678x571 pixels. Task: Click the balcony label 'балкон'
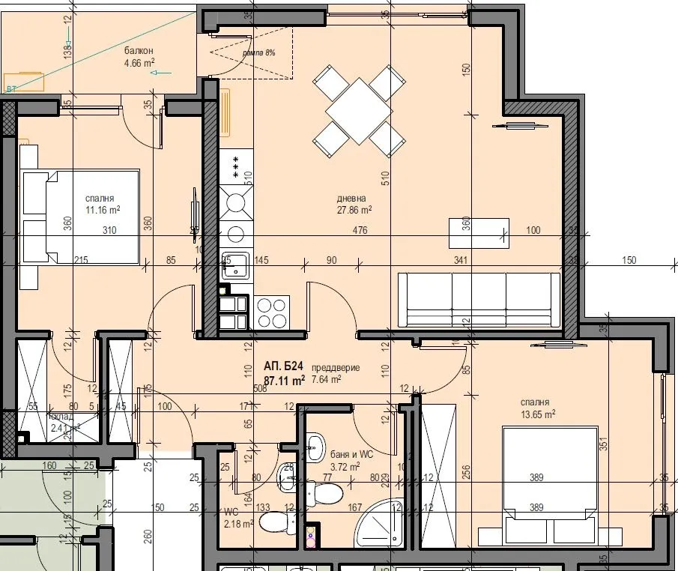tap(139, 50)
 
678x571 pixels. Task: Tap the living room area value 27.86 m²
tap(354, 211)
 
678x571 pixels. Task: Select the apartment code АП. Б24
tap(283, 366)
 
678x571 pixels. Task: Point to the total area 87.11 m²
tap(284, 380)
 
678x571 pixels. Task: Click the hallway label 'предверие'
tap(336, 368)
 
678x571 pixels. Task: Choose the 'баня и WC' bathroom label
tap(351, 454)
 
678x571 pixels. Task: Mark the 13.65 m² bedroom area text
tap(538, 414)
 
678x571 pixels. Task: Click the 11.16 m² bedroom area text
tap(103, 211)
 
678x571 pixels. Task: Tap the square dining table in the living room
tap(359, 111)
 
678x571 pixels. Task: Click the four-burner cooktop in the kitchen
tap(271, 312)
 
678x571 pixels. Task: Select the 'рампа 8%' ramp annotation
tap(258, 53)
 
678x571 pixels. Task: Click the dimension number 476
tap(360, 231)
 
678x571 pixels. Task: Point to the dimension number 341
tap(460, 260)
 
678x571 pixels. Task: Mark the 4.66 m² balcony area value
tap(139, 64)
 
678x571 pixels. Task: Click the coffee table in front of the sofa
tap(478, 233)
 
